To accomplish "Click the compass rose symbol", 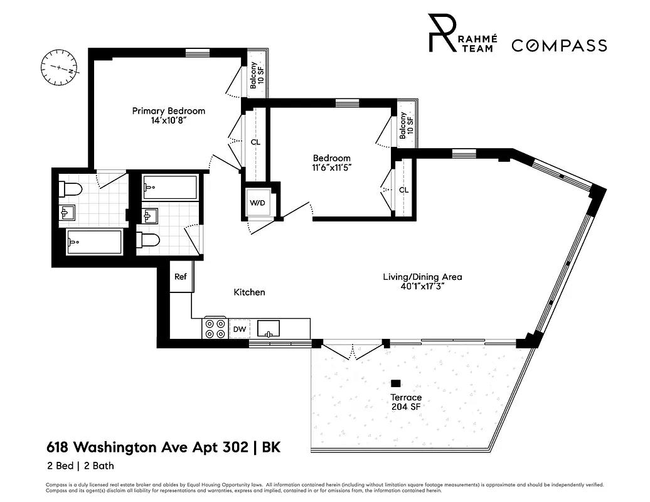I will click(58, 67).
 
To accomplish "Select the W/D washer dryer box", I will click(257, 203).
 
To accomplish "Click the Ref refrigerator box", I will click(181, 277).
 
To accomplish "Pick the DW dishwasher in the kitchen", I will click(239, 328).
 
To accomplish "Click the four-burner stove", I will click(215, 329).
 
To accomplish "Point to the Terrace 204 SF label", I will click(406, 402).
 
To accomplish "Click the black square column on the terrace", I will click(395, 383).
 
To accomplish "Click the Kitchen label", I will click(249, 292).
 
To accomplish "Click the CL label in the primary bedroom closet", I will click(255, 142).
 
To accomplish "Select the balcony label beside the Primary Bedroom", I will click(257, 75).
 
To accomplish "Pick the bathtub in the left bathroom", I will click(94, 240).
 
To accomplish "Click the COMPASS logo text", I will click(559, 45).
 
